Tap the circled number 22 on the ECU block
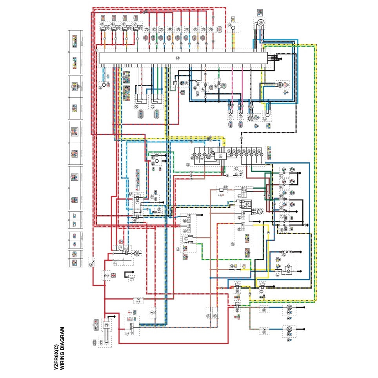click(x=178, y=58)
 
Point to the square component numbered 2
click(x=106, y=325)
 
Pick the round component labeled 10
click(x=137, y=254)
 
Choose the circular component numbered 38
click(x=262, y=23)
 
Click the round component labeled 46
click(x=280, y=84)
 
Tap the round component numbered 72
click(x=260, y=212)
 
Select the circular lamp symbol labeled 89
click(x=289, y=308)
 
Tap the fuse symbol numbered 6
click(x=107, y=276)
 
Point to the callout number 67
click(x=233, y=244)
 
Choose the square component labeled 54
click(x=220, y=156)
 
